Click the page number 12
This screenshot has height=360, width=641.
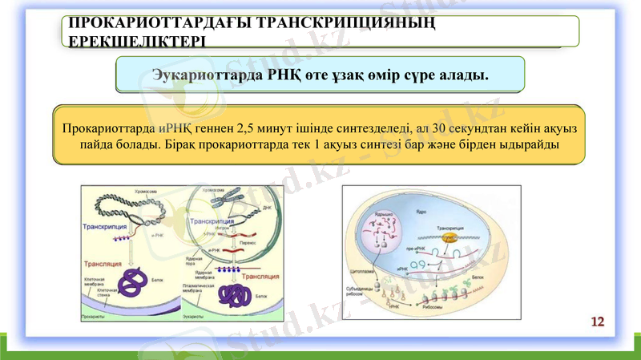click(598, 322)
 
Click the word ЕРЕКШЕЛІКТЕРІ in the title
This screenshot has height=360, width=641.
click(136, 39)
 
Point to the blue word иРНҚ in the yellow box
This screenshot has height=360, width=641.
click(174, 128)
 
